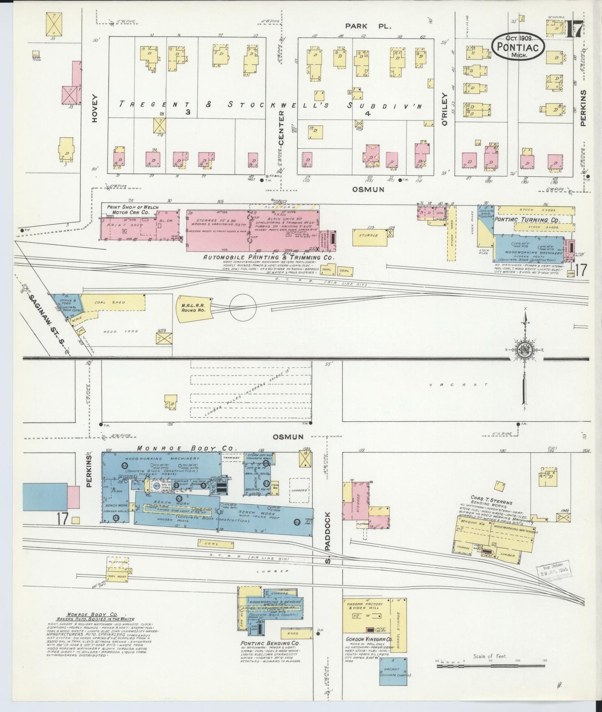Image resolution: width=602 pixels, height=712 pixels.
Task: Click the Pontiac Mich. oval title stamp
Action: click(518, 46)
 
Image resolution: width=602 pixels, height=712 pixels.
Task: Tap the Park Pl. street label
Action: click(368, 26)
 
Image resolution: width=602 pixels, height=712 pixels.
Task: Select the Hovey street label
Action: click(95, 108)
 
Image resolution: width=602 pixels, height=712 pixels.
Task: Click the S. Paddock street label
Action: click(328, 537)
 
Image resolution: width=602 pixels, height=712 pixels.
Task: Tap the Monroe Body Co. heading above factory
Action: click(187, 448)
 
